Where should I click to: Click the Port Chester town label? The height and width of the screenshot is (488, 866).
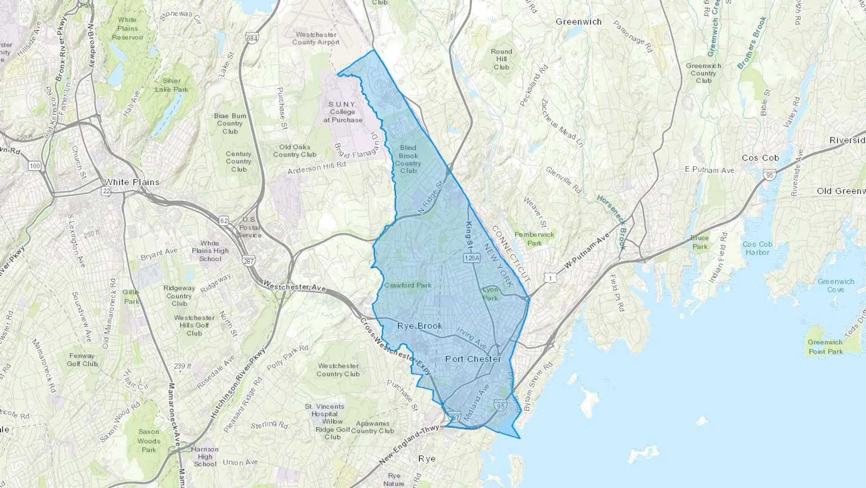pos(473,359)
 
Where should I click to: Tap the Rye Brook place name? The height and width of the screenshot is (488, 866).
pos(420,326)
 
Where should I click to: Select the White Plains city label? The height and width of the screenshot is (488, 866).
pos(132,182)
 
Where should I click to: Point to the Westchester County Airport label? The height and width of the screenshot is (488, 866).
pos(316,39)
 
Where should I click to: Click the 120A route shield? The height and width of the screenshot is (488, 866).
pos(472,258)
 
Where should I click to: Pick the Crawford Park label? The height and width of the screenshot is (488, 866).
pos(408,285)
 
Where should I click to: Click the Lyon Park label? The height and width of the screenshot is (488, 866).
pos(490,294)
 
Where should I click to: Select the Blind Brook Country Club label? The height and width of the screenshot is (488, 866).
pos(408,159)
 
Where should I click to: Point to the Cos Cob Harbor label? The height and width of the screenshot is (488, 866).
pos(757,248)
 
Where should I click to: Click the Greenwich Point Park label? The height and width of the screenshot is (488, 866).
pos(826,347)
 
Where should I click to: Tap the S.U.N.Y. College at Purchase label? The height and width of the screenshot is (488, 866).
pos(343,112)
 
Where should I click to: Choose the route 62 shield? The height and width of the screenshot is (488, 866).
pos(224,221)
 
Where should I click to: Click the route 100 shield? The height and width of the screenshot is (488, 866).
pos(35,166)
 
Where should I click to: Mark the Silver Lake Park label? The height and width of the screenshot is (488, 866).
pos(172,85)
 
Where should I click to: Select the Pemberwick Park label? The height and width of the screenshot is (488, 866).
pos(534,239)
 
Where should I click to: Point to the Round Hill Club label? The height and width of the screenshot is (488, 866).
pos(501,59)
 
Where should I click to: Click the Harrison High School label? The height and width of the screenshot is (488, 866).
pos(205,456)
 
